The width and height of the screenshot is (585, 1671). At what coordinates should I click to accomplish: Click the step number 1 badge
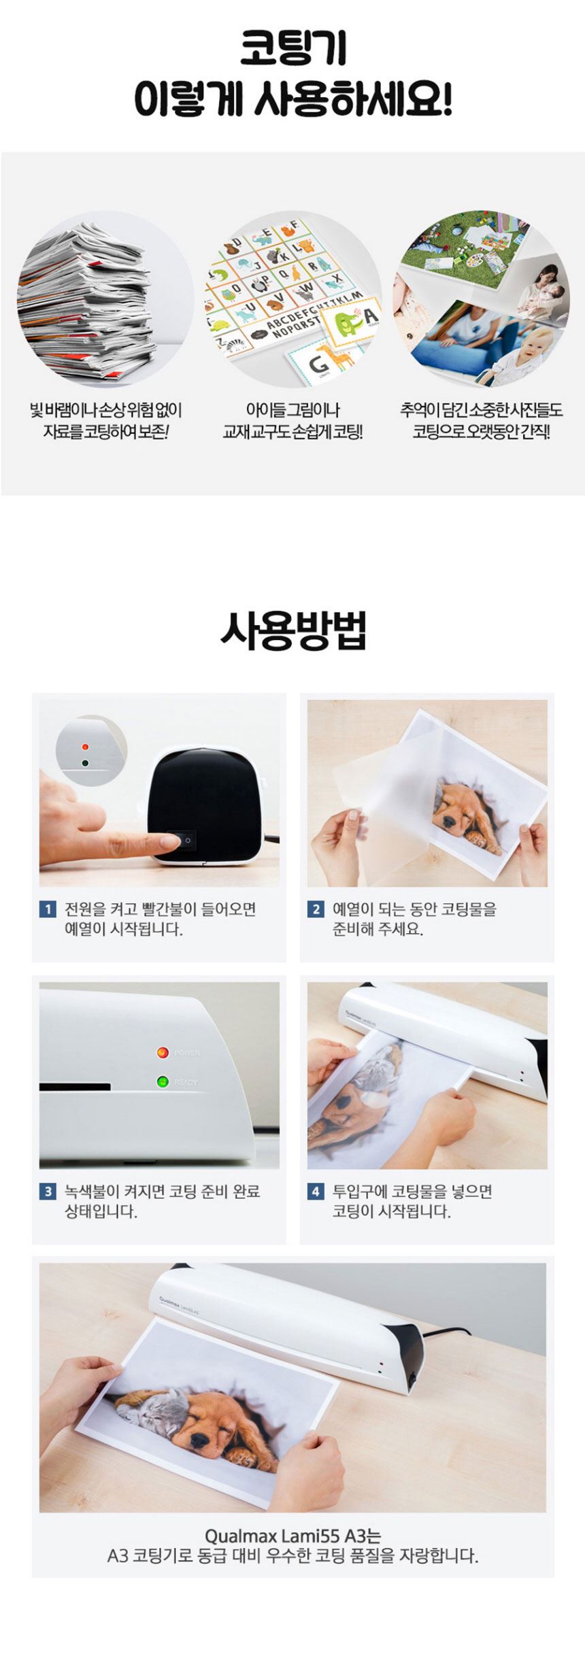click(48, 909)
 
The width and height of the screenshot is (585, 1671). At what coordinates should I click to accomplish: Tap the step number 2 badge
click(316, 909)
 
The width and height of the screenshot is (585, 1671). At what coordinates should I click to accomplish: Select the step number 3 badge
click(48, 1191)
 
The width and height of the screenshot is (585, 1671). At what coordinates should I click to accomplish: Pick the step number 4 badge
click(316, 1191)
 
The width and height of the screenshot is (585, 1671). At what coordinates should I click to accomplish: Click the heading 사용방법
click(293, 631)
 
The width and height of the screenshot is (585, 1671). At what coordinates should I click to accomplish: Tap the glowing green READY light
click(163, 1081)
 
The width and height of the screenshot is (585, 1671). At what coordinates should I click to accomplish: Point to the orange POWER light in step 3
click(163, 1053)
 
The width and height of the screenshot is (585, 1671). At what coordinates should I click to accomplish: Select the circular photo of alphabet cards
click(293, 299)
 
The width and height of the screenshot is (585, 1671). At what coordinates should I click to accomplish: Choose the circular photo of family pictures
click(481, 299)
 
